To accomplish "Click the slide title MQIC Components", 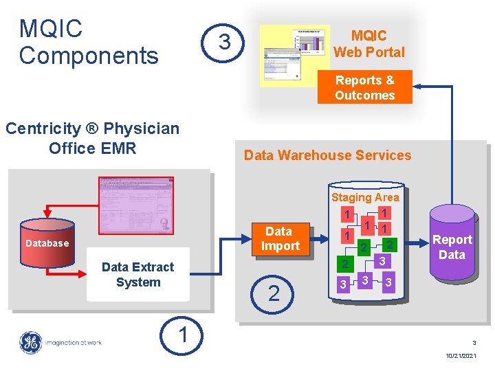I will tap(89, 42).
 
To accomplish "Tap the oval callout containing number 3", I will tap(224, 43).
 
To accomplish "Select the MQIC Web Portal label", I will tap(368, 43).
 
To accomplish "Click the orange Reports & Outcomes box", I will tap(364, 87).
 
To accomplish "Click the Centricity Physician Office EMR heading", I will tap(92, 138).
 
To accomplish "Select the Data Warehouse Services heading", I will tap(327, 155).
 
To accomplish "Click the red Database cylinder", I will tap(47, 243).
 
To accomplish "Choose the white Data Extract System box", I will tap(137, 274).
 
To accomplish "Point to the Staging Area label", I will tap(364, 197).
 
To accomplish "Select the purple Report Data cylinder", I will tap(452, 247).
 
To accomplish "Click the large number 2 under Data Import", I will tap(274, 294).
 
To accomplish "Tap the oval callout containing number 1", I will tap(182, 335).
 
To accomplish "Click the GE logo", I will tap(30, 342).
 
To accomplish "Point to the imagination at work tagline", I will tap(74, 342).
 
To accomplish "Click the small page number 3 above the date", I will tap(474, 342).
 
